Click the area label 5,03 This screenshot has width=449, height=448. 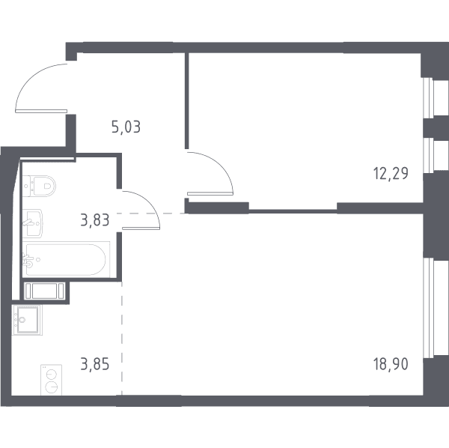(126, 127)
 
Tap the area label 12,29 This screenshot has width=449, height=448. (391, 173)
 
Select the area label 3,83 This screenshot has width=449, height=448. (95, 220)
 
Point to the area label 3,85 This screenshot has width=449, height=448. (95, 364)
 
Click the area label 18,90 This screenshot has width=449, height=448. (391, 364)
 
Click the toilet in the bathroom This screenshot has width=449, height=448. (39, 186)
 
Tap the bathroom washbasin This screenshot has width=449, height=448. (32, 223)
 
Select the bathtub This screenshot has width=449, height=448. (66, 259)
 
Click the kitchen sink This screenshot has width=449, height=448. (27, 320)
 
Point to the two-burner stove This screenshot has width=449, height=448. (51, 380)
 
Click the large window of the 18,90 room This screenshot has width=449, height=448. (429, 308)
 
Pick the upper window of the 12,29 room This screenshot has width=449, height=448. (429, 97)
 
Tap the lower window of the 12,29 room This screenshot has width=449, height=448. (429, 156)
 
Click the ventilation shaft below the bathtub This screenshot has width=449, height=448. (44, 291)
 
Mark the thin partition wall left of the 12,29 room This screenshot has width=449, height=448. (186, 100)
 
